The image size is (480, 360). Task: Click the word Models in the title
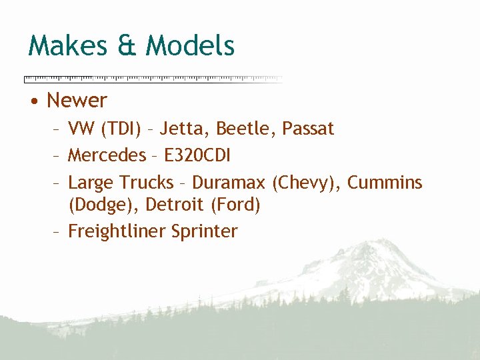[190, 46]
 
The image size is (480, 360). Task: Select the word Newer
[77, 101]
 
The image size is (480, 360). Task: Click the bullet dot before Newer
[33, 101]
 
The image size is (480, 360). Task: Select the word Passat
[307, 129]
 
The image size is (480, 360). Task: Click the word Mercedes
[107, 156]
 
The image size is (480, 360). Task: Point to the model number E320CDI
[197, 156]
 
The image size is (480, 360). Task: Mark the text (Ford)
[235, 205]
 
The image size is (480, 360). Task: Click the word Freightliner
[117, 231]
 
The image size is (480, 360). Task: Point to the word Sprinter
[204, 231]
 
